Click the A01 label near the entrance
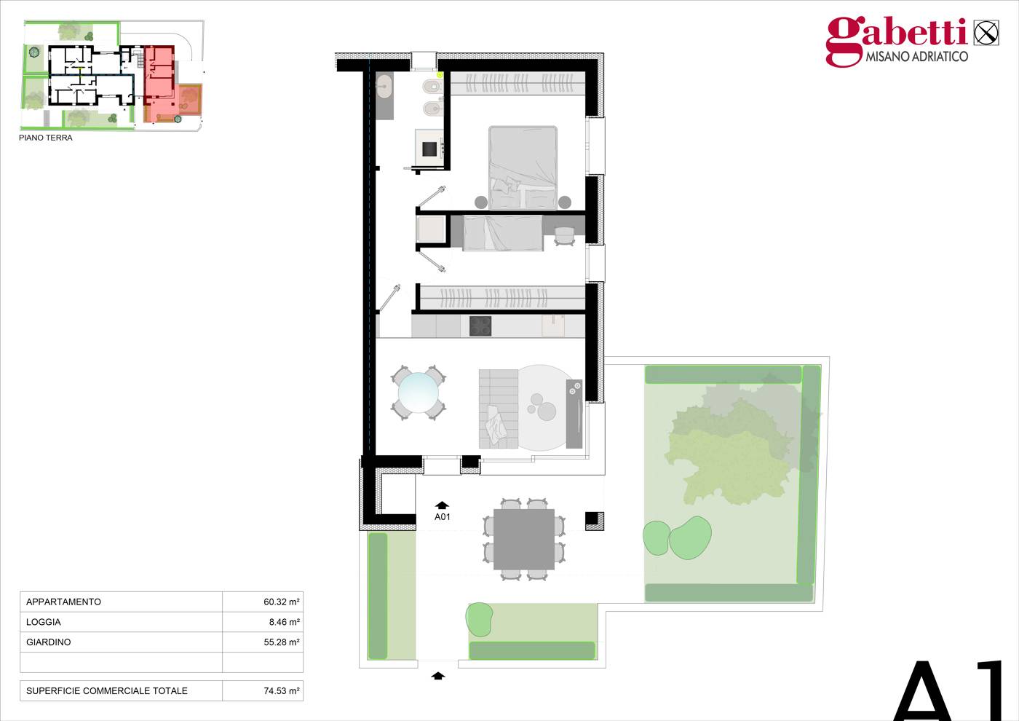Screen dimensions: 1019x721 pyautogui.click(x=442, y=516)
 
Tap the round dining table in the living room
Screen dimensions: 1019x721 pyautogui.click(x=418, y=393)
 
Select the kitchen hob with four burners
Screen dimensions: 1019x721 pyautogui.click(x=480, y=326)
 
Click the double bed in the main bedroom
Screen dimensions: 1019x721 pyautogui.click(x=523, y=168)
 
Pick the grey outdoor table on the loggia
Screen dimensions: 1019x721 pyautogui.click(x=523, y=540)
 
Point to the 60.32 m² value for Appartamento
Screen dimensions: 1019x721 pyautogui.click(x=282, y=602)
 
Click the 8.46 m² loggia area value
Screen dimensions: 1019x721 pyautogui.click(x=285, y=622)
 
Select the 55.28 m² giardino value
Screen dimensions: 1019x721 pyautogui.click(x=282, y=642)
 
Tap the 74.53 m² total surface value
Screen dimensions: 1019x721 pyautogui.click(x=282, y=691)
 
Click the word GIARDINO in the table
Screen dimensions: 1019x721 pyautogui.click(x=48, y=642)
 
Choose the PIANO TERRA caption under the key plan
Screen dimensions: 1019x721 pyautogui.click(x=45, y=138)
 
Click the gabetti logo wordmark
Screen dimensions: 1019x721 pyautogui.click(x=896, y=36)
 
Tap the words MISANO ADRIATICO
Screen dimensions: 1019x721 pyautogui.click(x=916, y=57)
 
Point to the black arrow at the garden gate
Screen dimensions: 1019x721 pyautogui.click(x=438, y=676)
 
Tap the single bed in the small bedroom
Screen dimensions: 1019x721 pyautogui.click(x=503, y=232)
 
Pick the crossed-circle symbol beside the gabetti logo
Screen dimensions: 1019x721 pyautogui.click(x=986, y=33)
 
